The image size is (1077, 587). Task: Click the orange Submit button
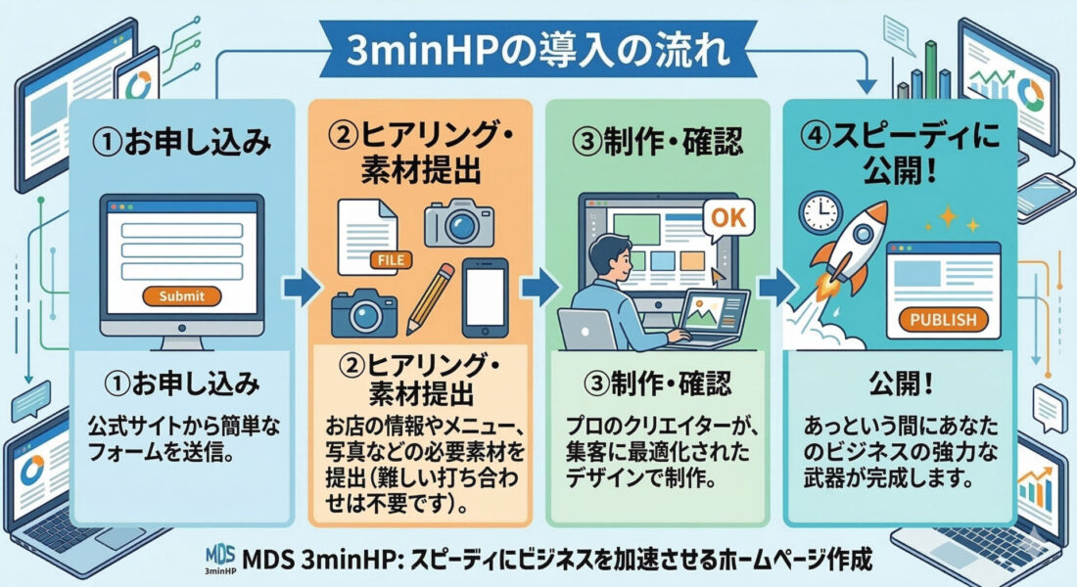pyautogui.click(x=182, y=294)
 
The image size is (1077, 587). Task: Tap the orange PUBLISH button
pyautogui.click(x=942, y=319)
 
